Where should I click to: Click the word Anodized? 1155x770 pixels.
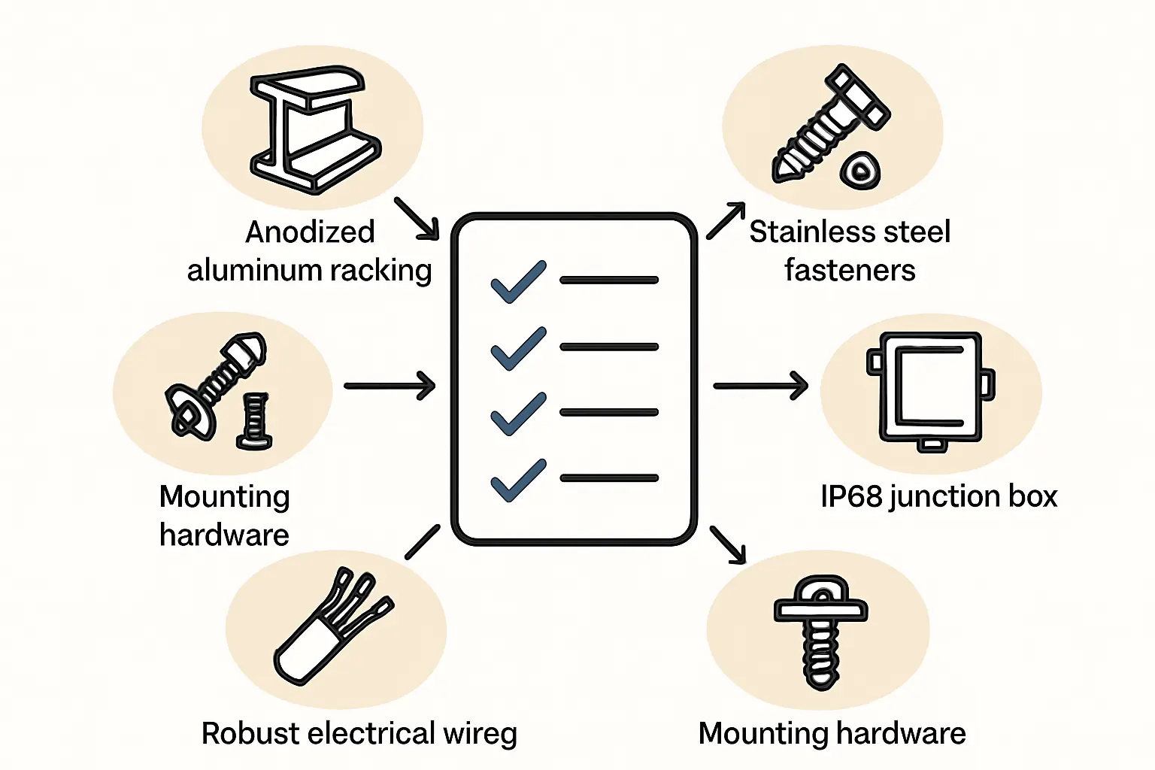point(310,232)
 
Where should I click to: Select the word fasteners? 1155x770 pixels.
point(850,270)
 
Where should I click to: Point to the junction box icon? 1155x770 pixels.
point(931,391)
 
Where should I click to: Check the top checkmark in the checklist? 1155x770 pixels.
point(518,281)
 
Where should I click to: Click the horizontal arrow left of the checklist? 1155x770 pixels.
point(390,386)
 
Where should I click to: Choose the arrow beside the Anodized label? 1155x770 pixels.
point(417,218)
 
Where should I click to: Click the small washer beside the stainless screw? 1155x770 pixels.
point(859,171)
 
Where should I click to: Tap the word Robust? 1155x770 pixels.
point(250,734)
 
